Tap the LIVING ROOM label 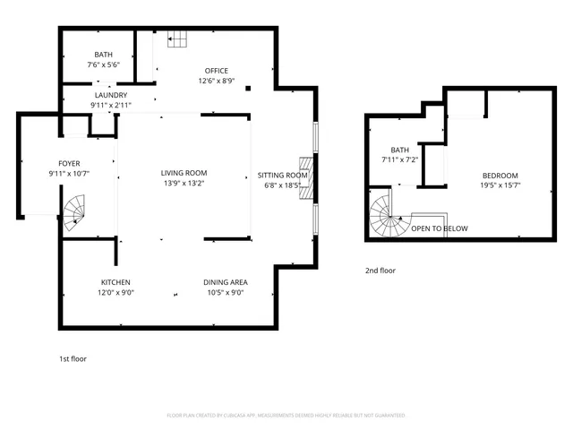(184, 173)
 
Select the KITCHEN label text (116, 281)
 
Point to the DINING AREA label (225, 281)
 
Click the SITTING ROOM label (283, 175)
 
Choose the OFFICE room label (216, 71)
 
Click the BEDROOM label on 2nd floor (500, 175)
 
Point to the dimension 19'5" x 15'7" (500, 185)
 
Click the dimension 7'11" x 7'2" (399, 159)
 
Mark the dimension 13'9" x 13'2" (184, 183)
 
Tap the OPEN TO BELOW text (439, 228)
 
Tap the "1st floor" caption (73, 358)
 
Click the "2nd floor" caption (380, 270)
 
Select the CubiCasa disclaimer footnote (286, 415)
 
